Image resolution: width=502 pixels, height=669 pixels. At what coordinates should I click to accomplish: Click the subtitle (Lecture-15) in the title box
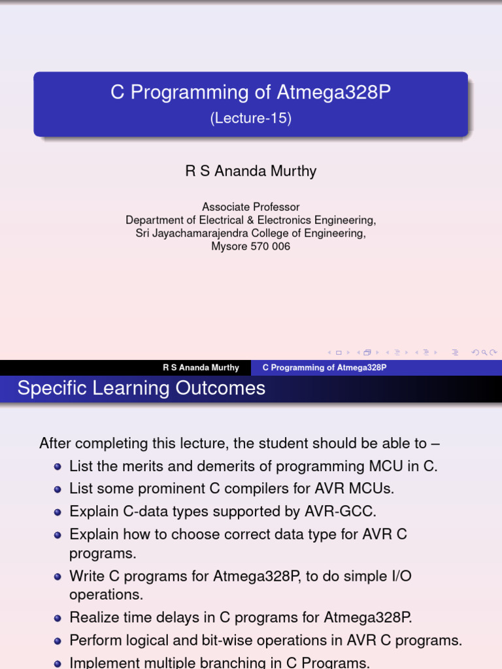pos(250,119)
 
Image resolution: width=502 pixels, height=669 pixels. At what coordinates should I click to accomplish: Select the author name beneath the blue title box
pos(251,171)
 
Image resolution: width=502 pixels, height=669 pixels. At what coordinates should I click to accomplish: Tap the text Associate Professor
pos(251,207)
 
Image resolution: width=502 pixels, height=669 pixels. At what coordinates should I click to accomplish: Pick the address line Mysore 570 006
pos(251,247)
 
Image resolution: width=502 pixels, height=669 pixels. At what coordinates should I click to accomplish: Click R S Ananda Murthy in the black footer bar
pos(201,368)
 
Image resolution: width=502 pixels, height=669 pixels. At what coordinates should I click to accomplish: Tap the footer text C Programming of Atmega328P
pos(324,368)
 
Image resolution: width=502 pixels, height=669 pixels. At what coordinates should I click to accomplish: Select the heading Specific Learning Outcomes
pos(141,388)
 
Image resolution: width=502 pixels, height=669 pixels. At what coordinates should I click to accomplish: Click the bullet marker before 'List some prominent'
pos(58,489)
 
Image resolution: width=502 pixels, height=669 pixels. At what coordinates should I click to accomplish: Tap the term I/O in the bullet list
pos(400,576)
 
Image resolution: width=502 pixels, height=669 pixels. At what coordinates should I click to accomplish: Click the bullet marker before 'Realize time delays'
pos(58,618)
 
